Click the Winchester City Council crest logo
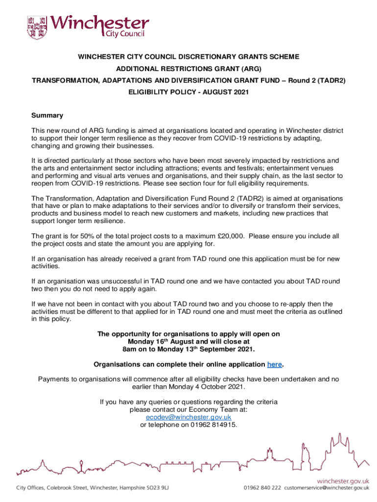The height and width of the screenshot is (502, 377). [38, 28]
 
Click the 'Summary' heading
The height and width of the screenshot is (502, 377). [47, 116]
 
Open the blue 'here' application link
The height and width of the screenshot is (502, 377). [274, 364]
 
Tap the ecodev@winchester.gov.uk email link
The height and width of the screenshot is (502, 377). [188, 417]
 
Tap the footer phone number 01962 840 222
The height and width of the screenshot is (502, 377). [262, 488]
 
